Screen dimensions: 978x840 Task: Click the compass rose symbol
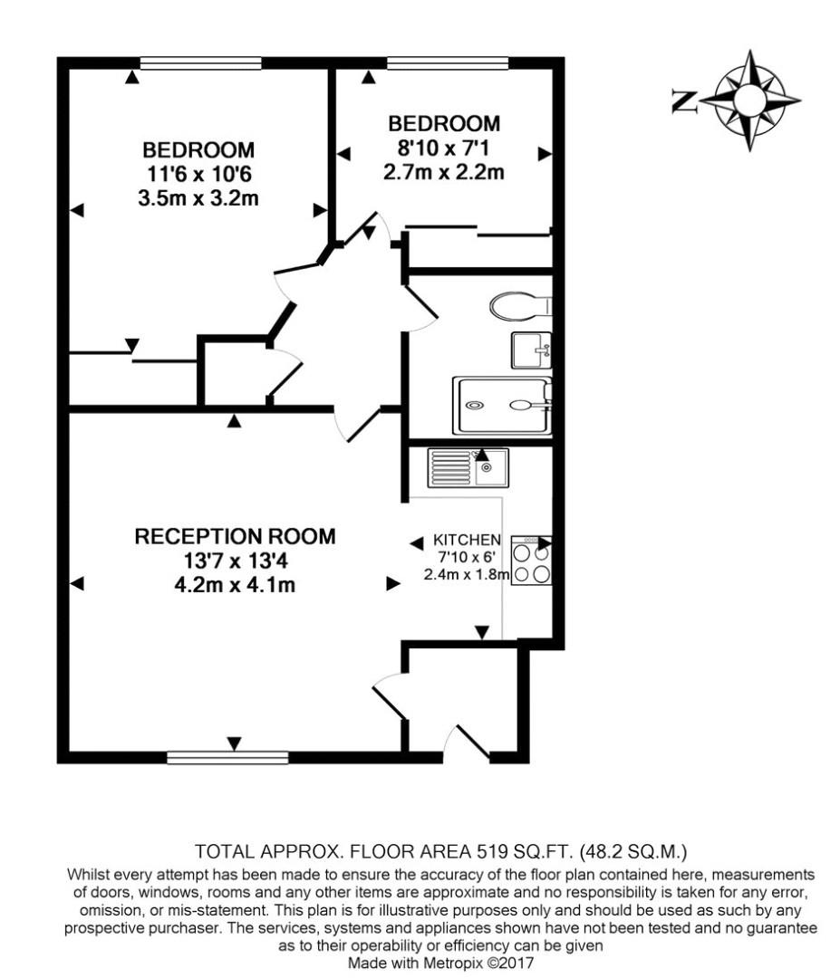click(x=751, y=100)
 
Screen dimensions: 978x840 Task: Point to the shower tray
click(x=502, y=406)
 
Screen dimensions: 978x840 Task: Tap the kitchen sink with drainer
click(x=468, y=467)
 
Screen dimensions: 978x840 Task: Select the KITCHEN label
click(x=468, y=539)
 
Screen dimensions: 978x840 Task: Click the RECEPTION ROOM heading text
click(x=235, y=536)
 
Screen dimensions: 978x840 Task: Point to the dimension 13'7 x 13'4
click(x=235, y=561)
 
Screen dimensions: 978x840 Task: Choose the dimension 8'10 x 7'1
click(x=444, y=147)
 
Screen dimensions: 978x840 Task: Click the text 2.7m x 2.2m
click(x=444, y=172)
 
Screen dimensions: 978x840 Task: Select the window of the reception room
click(x=227, y=756)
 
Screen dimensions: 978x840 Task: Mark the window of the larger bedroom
click(x=200, y=62)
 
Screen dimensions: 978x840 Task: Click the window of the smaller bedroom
click(x=447, y=62)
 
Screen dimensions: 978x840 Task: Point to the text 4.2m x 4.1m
click(x=235, y=586)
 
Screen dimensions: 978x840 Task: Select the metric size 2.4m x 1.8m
click(x=466, y=574)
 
